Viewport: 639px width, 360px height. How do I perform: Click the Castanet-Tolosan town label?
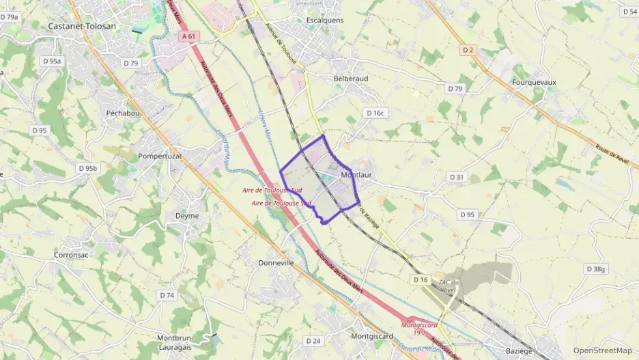pos(82,26)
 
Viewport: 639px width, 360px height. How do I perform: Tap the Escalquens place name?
pos(324,20)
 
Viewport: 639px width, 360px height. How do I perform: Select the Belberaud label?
pos(351,79)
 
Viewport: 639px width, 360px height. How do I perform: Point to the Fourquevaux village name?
pos(533,82)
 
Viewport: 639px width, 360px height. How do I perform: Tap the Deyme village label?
pos(187,215)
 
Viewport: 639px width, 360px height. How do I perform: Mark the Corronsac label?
pos(73,255)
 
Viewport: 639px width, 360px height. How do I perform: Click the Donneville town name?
pos(276,262)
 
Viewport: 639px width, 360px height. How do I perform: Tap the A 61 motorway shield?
pos(188,36)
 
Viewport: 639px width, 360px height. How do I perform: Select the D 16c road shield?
pos(375,113)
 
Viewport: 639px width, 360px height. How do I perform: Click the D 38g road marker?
pos(595,269)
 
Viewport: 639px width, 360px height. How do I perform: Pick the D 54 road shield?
pos(629,12)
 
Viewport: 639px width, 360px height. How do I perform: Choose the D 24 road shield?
pos(313,340)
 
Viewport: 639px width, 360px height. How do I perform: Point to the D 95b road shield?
pos(88,168)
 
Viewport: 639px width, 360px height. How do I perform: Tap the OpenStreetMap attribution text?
pos(602,350)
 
